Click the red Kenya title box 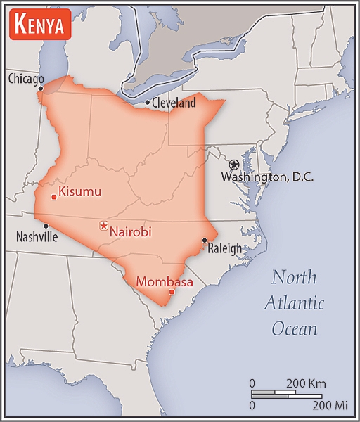coord(40,26)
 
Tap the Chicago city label coord(26,79)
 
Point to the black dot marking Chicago coord(41,89)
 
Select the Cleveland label coord(174,103)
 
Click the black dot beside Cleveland coord(147,103)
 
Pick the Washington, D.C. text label coord(267,177)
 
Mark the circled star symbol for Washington coord(234,165)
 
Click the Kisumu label coord(80,191)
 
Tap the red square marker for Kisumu coord(54,197)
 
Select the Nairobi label coord(131,231)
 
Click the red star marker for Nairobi coord(104,226)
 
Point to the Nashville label coord(37,237)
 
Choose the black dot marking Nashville coord(46,226)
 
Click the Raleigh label coord(224,248)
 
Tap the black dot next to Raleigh coord(204,241)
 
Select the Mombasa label coord(164,281)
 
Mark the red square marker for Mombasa coord(172,292)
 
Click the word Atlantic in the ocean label coord(295,303)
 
